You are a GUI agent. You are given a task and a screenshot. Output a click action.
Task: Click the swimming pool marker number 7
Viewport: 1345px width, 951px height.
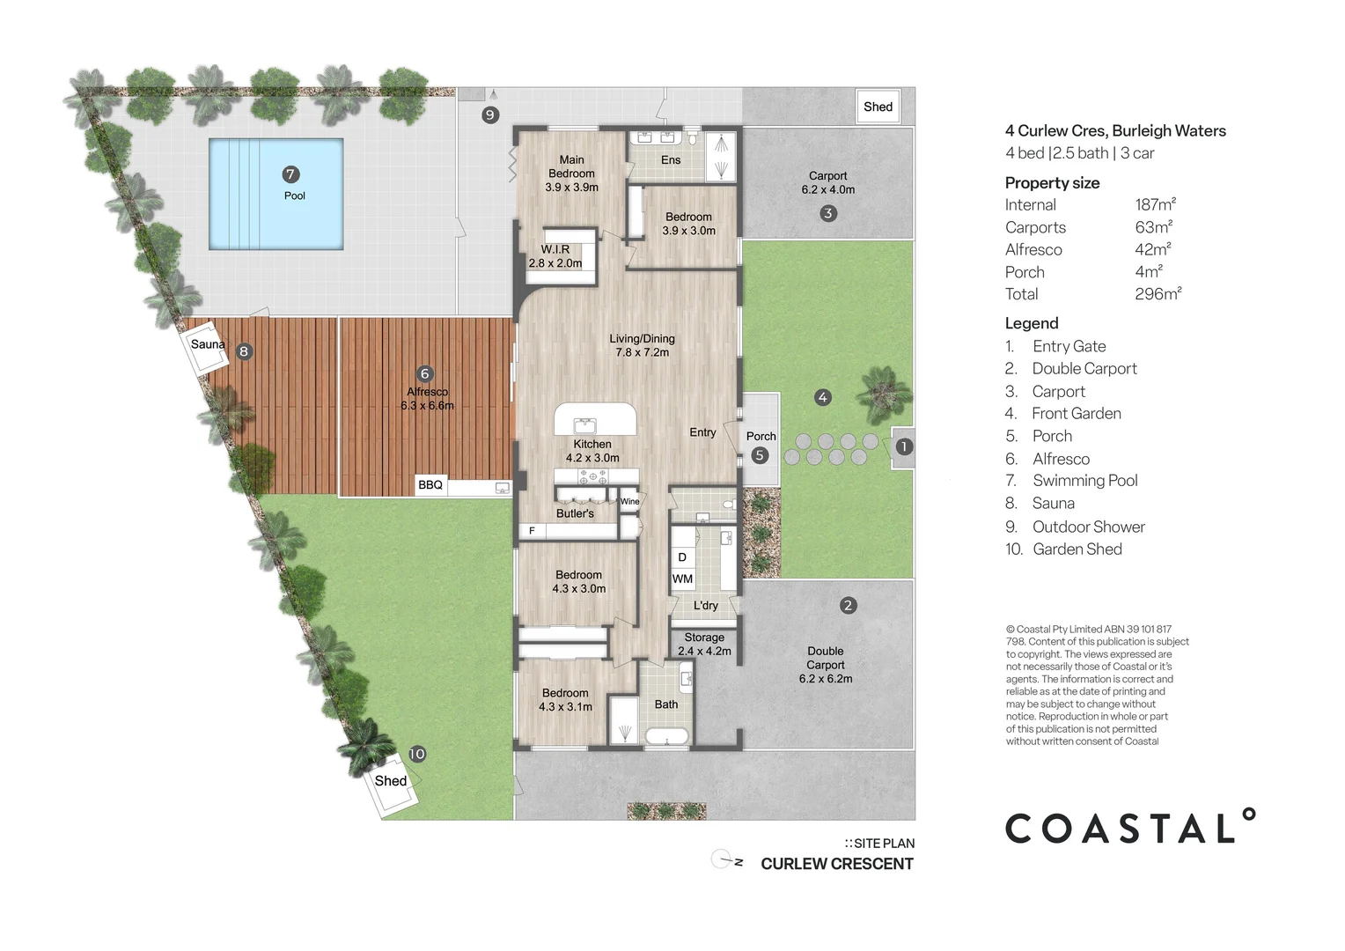(x=290, y=174)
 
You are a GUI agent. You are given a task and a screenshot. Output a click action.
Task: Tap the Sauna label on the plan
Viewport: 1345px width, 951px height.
(x=209, y=344)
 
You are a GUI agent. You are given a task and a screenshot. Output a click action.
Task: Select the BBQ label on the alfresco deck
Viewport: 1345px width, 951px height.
(x=430, y=485)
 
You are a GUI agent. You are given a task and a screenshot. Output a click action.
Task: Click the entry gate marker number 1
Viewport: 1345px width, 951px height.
(x=904, y=447)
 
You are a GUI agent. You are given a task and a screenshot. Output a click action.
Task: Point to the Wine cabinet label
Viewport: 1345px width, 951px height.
(x=630, y=501)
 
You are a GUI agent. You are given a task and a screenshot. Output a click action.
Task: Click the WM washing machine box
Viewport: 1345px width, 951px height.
(x=682, y=579)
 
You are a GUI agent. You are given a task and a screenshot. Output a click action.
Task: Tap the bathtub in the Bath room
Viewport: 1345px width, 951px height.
(x=666, y=736)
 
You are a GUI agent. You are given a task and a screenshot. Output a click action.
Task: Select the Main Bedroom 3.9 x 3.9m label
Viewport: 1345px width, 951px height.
(x=571, y=173)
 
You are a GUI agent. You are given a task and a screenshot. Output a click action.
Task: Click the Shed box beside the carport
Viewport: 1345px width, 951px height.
(x=878, y=107)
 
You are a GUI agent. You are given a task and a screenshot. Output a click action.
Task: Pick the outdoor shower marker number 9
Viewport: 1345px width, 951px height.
(x=490, y=114)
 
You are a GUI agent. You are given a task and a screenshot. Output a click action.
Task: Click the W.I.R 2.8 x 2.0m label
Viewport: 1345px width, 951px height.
(x=555, y=256)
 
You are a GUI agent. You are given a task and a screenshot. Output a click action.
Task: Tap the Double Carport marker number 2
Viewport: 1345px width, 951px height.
(x=848, y=605)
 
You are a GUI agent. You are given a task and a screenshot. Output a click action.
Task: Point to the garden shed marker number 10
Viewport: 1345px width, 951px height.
(x=417, y=754)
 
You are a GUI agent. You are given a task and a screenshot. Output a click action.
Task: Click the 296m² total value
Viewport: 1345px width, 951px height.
(x=1158, y=294)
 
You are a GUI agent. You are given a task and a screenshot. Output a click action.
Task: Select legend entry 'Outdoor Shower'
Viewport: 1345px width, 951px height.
(x=1088, y=527)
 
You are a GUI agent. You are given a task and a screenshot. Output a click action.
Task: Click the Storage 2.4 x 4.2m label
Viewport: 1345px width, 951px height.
(x=704, y=644)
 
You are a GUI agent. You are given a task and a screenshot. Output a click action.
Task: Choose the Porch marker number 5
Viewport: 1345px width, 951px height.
(x=760, y=455)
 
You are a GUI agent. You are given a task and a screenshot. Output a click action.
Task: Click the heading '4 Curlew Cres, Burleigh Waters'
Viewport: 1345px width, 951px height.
(x=1115, y=131)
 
